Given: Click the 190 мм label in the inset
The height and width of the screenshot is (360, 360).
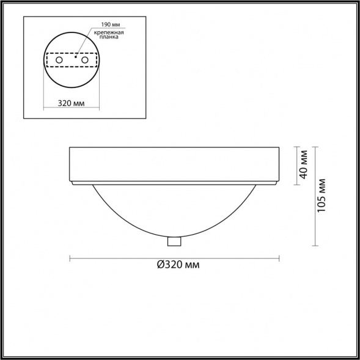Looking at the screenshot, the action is [x=111, y=24].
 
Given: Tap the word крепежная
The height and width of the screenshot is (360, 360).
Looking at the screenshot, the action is [x=109, y=32].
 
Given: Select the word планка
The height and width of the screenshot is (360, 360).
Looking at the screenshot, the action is [x=109, y=37].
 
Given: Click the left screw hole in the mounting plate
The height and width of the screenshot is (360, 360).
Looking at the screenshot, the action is [x=59, y=60].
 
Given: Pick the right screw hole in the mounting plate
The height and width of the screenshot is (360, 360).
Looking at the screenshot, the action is [x=85, y=60].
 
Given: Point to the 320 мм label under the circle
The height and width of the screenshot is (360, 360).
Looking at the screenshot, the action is [x=71, y=103].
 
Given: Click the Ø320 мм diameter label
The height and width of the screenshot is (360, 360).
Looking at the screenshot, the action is [x=178, y=265].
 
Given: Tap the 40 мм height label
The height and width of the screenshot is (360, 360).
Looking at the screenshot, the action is [x=304, y=164].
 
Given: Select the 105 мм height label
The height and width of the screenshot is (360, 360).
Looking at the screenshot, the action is [x=321, y=196].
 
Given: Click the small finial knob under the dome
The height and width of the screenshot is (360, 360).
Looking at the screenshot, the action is [x=174, y=241].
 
